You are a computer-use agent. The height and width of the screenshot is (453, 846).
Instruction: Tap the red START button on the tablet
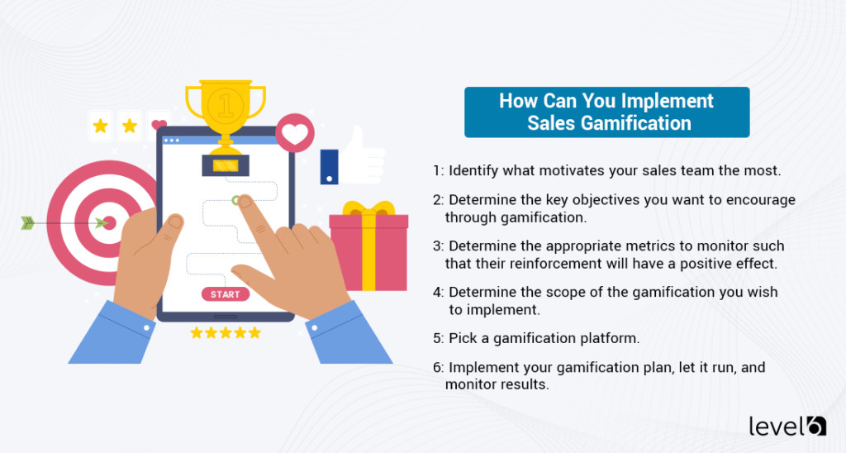225,294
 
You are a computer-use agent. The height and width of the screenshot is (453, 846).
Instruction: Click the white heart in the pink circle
294,133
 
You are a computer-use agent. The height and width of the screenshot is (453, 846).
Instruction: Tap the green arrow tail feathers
28,222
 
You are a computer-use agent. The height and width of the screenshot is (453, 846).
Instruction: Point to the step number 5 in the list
436,338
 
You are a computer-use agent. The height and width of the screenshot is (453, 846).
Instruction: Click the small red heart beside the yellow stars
158,126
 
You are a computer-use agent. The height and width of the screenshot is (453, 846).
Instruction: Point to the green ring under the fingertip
238,200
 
